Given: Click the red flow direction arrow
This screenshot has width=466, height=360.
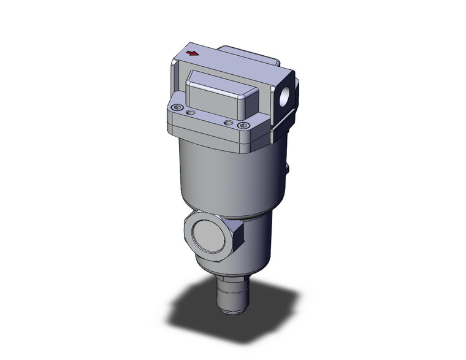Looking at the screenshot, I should click(192, 54).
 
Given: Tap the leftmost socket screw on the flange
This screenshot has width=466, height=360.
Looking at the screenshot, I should click(178, 109).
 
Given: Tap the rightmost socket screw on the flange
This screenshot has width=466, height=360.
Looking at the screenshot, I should click(244, 126).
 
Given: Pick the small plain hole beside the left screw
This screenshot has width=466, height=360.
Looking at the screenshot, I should click(190, 112).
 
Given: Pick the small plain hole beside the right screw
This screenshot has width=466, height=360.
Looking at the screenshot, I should click(228, 123).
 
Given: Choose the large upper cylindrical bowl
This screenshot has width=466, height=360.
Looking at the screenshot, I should click(227, 178).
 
